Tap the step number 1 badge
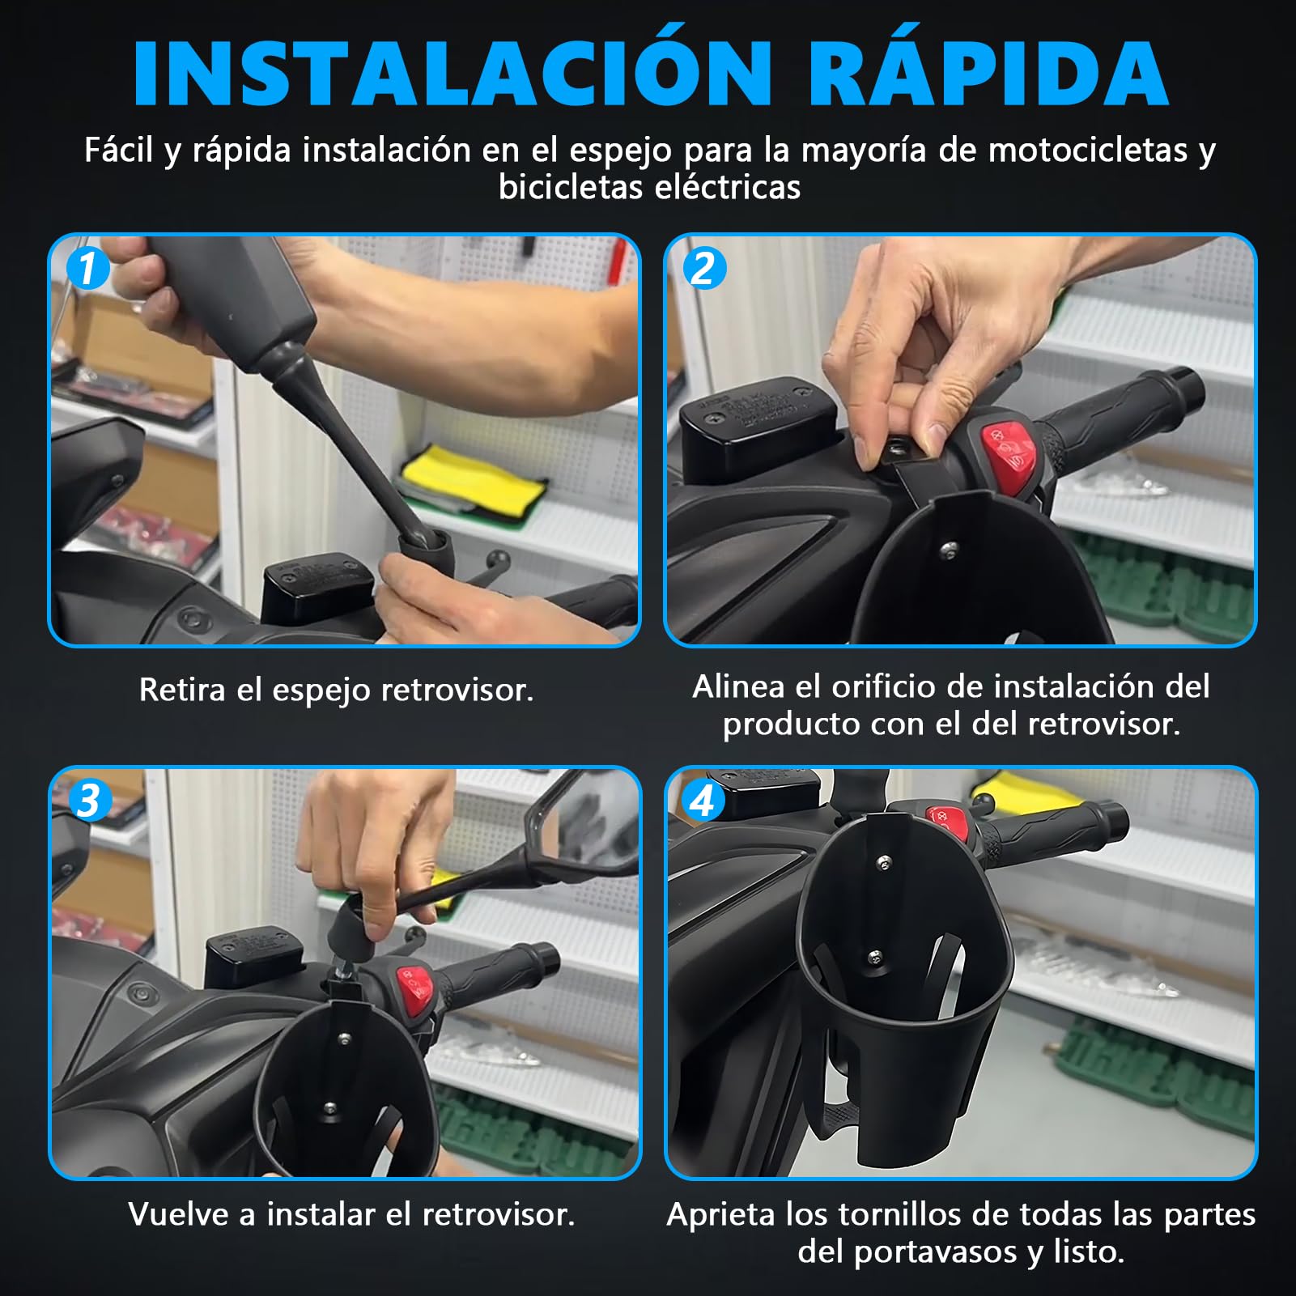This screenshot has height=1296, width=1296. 88,268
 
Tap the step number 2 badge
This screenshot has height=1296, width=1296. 704,268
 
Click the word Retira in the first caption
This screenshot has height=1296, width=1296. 182,690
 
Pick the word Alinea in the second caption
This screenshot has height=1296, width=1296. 738,687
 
